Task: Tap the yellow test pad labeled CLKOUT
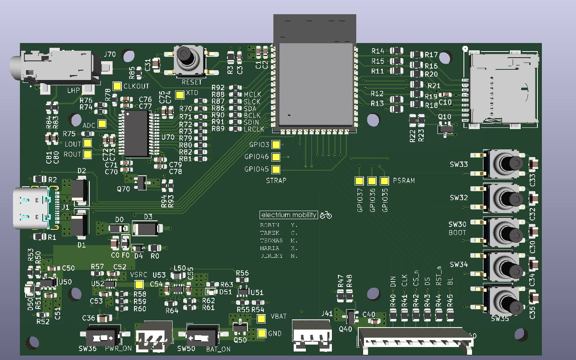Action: click(x=117, y=86)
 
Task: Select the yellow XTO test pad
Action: click(x=180, y=95)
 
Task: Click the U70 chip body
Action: click(x=136, y=134)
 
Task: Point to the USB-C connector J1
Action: click(x=32, y=208)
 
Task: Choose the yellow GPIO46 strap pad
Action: click(x=276, y=157)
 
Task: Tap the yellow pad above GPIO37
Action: click(x=359, y=181)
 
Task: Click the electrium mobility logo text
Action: click(x=289, y=215)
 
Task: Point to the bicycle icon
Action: click(x=326, y=215)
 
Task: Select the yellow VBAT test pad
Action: click(x=262, y=319)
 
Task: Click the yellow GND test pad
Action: click(x=262, y=334)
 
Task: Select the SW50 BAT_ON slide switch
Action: click(x=202, y=337)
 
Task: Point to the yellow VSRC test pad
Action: click(x=139, y=285)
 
